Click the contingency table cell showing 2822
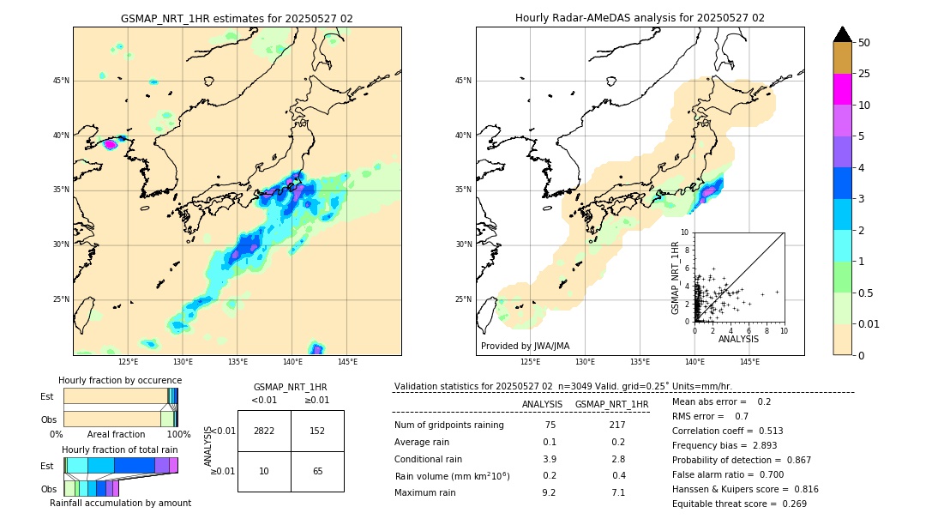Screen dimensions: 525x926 click(264, 431)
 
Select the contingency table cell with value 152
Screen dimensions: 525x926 click(317, 431)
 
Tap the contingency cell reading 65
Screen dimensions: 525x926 click(317, 472)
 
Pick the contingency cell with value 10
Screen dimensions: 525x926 click(264, 472)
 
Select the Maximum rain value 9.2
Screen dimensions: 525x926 click(550, 492)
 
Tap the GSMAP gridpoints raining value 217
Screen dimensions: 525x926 click(616, 425)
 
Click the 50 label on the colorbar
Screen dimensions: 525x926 click(864, 43)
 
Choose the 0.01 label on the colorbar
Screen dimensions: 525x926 click(869, 324)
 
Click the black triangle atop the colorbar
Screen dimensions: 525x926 click(843, 34)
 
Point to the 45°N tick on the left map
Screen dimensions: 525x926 click(61, 81)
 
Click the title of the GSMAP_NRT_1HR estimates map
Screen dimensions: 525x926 click(237, 18)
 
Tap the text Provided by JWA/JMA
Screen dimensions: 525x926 click(525, 347)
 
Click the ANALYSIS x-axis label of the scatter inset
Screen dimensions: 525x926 click(739, 339)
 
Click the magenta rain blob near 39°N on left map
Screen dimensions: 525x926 click(111, 145)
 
